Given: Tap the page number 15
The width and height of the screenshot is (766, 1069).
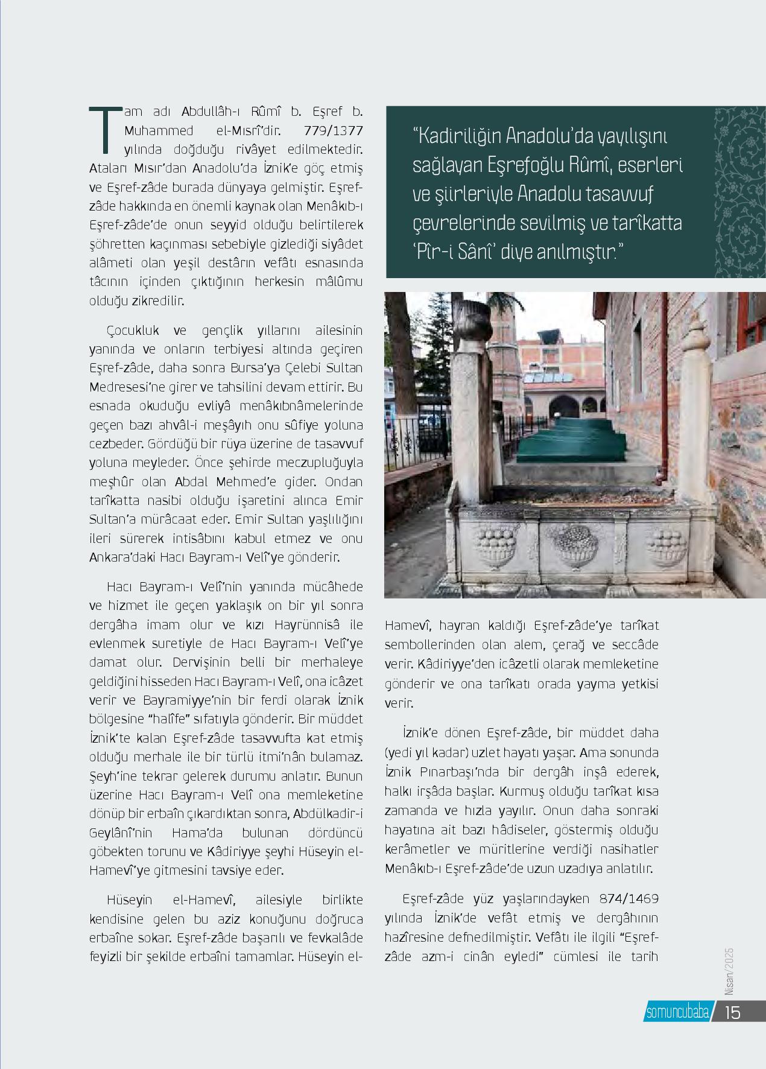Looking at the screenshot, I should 733,1012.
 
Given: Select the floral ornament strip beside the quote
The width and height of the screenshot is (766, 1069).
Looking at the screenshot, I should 739,192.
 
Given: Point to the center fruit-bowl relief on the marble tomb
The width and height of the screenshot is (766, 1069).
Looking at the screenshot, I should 574,544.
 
